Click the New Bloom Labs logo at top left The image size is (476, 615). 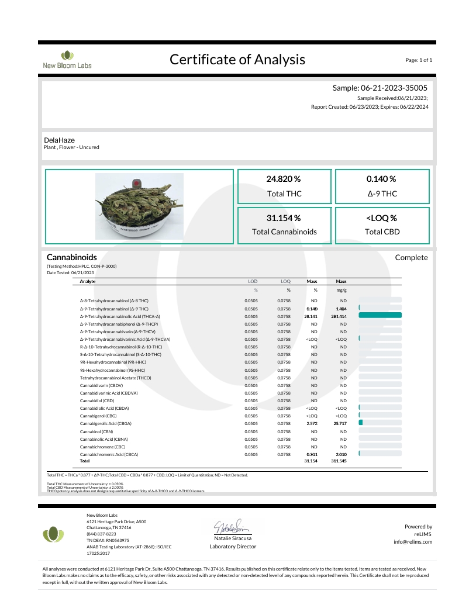[x=67, y=60]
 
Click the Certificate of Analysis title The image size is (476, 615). [x=237, y=59]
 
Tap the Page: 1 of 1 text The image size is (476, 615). [x=418, y=60]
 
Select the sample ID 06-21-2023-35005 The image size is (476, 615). [x=402, y=88]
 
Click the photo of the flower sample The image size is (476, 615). [x=140, y=208]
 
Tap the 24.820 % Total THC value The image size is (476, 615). [x=284, y=179]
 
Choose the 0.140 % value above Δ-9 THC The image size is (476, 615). [x=381, y=179]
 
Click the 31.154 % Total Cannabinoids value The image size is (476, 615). [x=284, y=218]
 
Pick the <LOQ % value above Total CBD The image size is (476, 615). [x=381, y=218]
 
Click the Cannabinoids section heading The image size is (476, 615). [x=71, y=257]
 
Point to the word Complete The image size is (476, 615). [x=411, y=258]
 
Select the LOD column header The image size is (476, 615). [x=252, y=282]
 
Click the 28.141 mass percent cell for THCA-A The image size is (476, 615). [x=311, y=316]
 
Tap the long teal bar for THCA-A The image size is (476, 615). [x=380, y=316]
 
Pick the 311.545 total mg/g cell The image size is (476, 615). [x=339, y=461]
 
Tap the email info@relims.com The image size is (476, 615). [x=413, y=542]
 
